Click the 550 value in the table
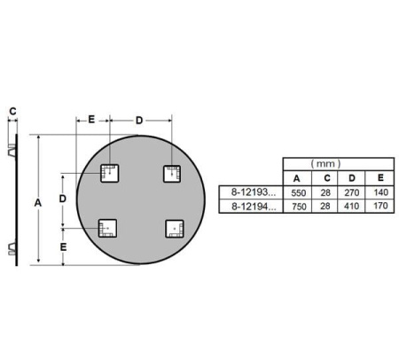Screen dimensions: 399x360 [x=298, y=193]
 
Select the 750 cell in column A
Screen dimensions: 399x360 [x=299, y=207]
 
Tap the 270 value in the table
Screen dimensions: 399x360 [x=352, y=192]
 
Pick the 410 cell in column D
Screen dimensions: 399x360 [x=351, y=206]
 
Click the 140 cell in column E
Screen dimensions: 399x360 [x=380, y=192]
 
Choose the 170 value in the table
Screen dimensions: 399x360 [x=380, y=206]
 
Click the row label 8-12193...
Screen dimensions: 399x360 [x=254, y=192]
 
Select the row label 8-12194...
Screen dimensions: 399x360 [x=254, y=207]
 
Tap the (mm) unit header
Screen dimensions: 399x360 [x=325, y=163]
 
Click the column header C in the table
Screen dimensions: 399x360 [x=327, y=178]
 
